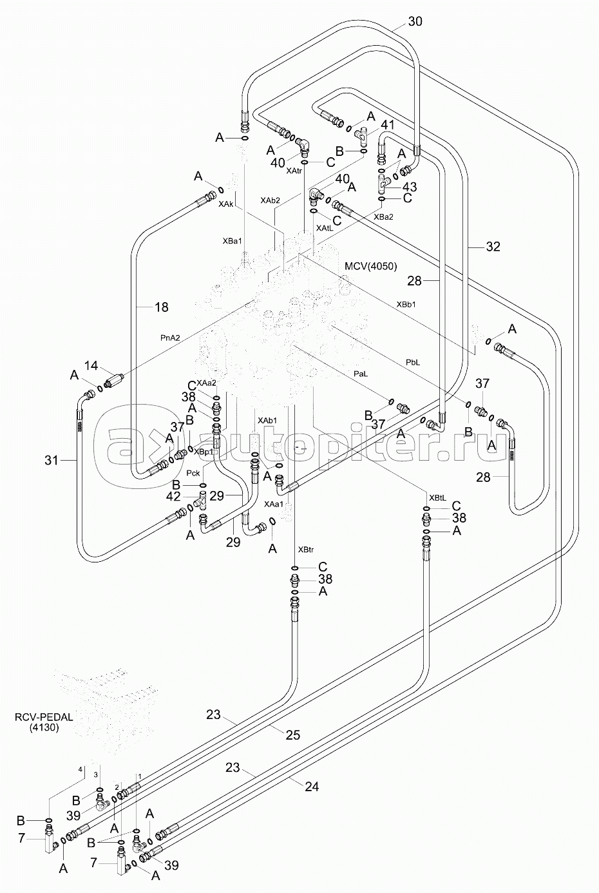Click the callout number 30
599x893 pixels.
[x=415, y=21]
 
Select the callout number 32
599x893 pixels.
[x=493, y=247]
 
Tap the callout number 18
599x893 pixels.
[x=162, y=307]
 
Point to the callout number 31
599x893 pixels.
[x=51, y=461]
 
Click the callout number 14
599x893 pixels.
[x=91, y=365]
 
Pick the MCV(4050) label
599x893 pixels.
[x=370, y=266]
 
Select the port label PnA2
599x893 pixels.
[x=170, y=338]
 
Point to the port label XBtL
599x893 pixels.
[x=437, y=498]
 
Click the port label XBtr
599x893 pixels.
[x=306, y=550]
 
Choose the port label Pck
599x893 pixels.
[x=193, y=473]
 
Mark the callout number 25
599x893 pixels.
[x=293, y=735]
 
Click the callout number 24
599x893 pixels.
[x=312, y=787]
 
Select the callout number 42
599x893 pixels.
[x=173, y=496]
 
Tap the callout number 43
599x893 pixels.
[x=409, y=187]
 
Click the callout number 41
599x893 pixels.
[x=387, y=125]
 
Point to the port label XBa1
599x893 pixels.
[x=233, y=241]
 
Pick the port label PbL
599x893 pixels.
[x=413, y=362]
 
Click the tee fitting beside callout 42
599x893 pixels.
[x=202, y=501]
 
